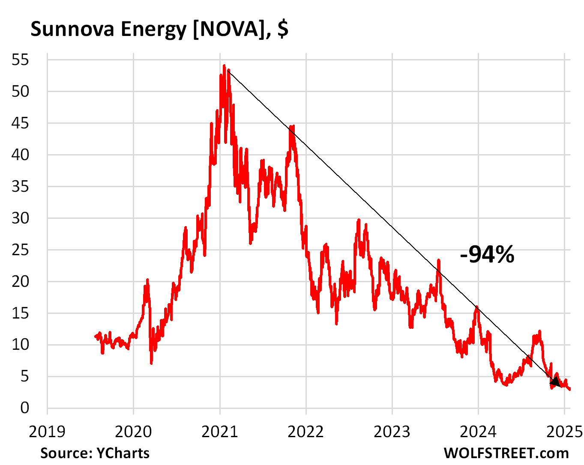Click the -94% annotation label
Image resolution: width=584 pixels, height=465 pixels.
coord(487,254)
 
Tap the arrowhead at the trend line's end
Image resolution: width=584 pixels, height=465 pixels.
coord(555,382)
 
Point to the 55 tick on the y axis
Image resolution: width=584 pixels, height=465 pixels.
coord(20,60)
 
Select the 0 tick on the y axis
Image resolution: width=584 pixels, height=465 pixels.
coord(25,408)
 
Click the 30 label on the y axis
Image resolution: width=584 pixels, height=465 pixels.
coord(20,218)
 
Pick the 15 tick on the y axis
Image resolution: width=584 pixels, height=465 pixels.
coord(20,313)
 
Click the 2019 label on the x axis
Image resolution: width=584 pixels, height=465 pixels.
coord(47,432)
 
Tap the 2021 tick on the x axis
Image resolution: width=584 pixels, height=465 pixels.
coord(219,432)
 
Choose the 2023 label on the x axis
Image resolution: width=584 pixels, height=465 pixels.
coord(392,432)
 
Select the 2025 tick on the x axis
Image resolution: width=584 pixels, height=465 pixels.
coord(564,432)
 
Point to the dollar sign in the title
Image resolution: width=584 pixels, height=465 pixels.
coord(282,29)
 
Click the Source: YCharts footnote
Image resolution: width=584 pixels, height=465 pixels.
coord(95,453)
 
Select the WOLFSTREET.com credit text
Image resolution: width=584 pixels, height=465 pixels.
coord(506,453)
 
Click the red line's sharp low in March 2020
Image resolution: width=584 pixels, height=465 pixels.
coord(151,363)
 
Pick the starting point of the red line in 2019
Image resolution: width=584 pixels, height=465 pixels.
coord(95,336)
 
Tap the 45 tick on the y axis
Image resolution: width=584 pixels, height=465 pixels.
coord(20,123)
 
